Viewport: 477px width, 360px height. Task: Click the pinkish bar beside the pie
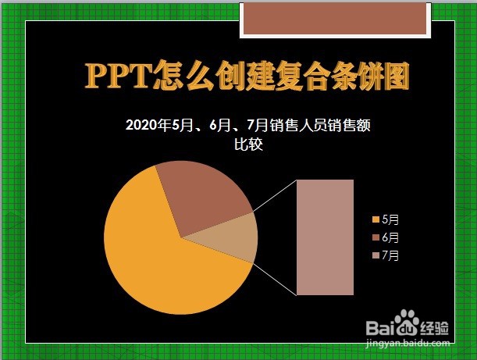(x=325, y=237)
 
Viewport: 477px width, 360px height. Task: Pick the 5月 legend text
(x=390, y=219)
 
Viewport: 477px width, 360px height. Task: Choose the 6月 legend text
(x=390, y=237)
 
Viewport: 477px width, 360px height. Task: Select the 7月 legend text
(x=390, y=255)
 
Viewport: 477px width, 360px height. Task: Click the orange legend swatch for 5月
(x=376, y=219)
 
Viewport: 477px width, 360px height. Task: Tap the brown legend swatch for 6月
(x=376, y=237)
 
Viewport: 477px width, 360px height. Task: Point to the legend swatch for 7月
(x=376, y=255)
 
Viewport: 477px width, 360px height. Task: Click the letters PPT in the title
(x=119, y=76)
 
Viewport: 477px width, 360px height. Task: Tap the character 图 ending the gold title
(x=396, y=76)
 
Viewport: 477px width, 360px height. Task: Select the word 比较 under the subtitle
(x=248, y=144)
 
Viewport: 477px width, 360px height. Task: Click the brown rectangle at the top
(x=335, y=19)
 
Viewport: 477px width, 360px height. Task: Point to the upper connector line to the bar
(x=275, y=196)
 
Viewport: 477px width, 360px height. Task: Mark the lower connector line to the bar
(x=275, y=279)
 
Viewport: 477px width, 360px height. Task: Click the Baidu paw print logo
(x=407, y=323)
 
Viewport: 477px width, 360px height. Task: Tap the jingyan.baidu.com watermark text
(x=408, y=344)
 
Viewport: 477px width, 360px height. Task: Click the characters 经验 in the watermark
(x=434, y=328)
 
